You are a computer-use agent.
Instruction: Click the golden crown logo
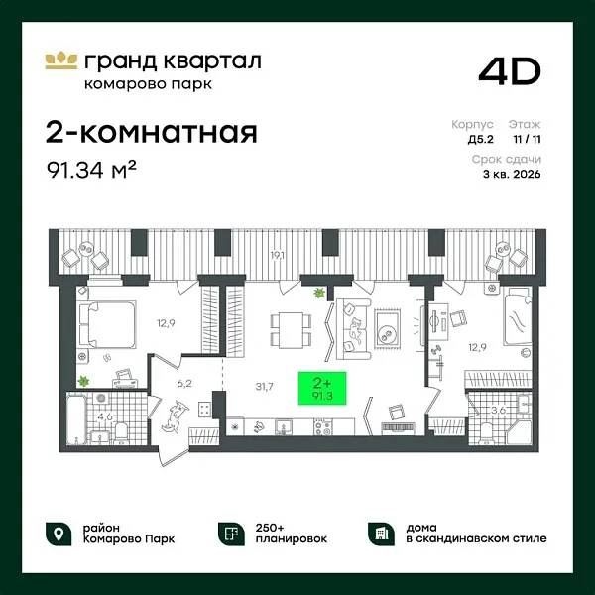click(x=61, y=59)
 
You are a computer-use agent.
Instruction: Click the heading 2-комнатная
click(x=152, y=132)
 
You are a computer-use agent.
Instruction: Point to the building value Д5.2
click(x=480, y=142)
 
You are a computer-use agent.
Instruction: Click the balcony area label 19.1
click(x=279, y=256)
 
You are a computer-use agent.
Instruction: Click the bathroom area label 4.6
click(x=104, y=416)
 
